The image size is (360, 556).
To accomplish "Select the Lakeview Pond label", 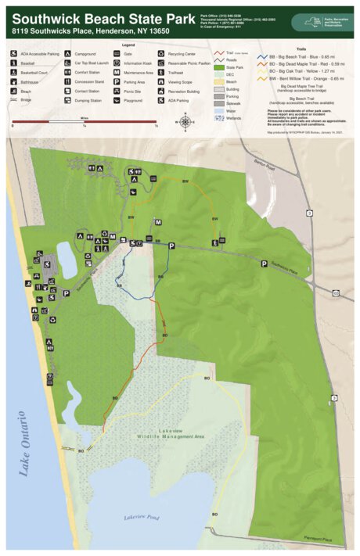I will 141,517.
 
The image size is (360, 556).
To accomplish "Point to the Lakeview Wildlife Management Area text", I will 170,434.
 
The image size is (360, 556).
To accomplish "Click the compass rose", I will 186,121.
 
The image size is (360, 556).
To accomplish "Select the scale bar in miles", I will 85,121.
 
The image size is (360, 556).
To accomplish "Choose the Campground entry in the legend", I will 79,54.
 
